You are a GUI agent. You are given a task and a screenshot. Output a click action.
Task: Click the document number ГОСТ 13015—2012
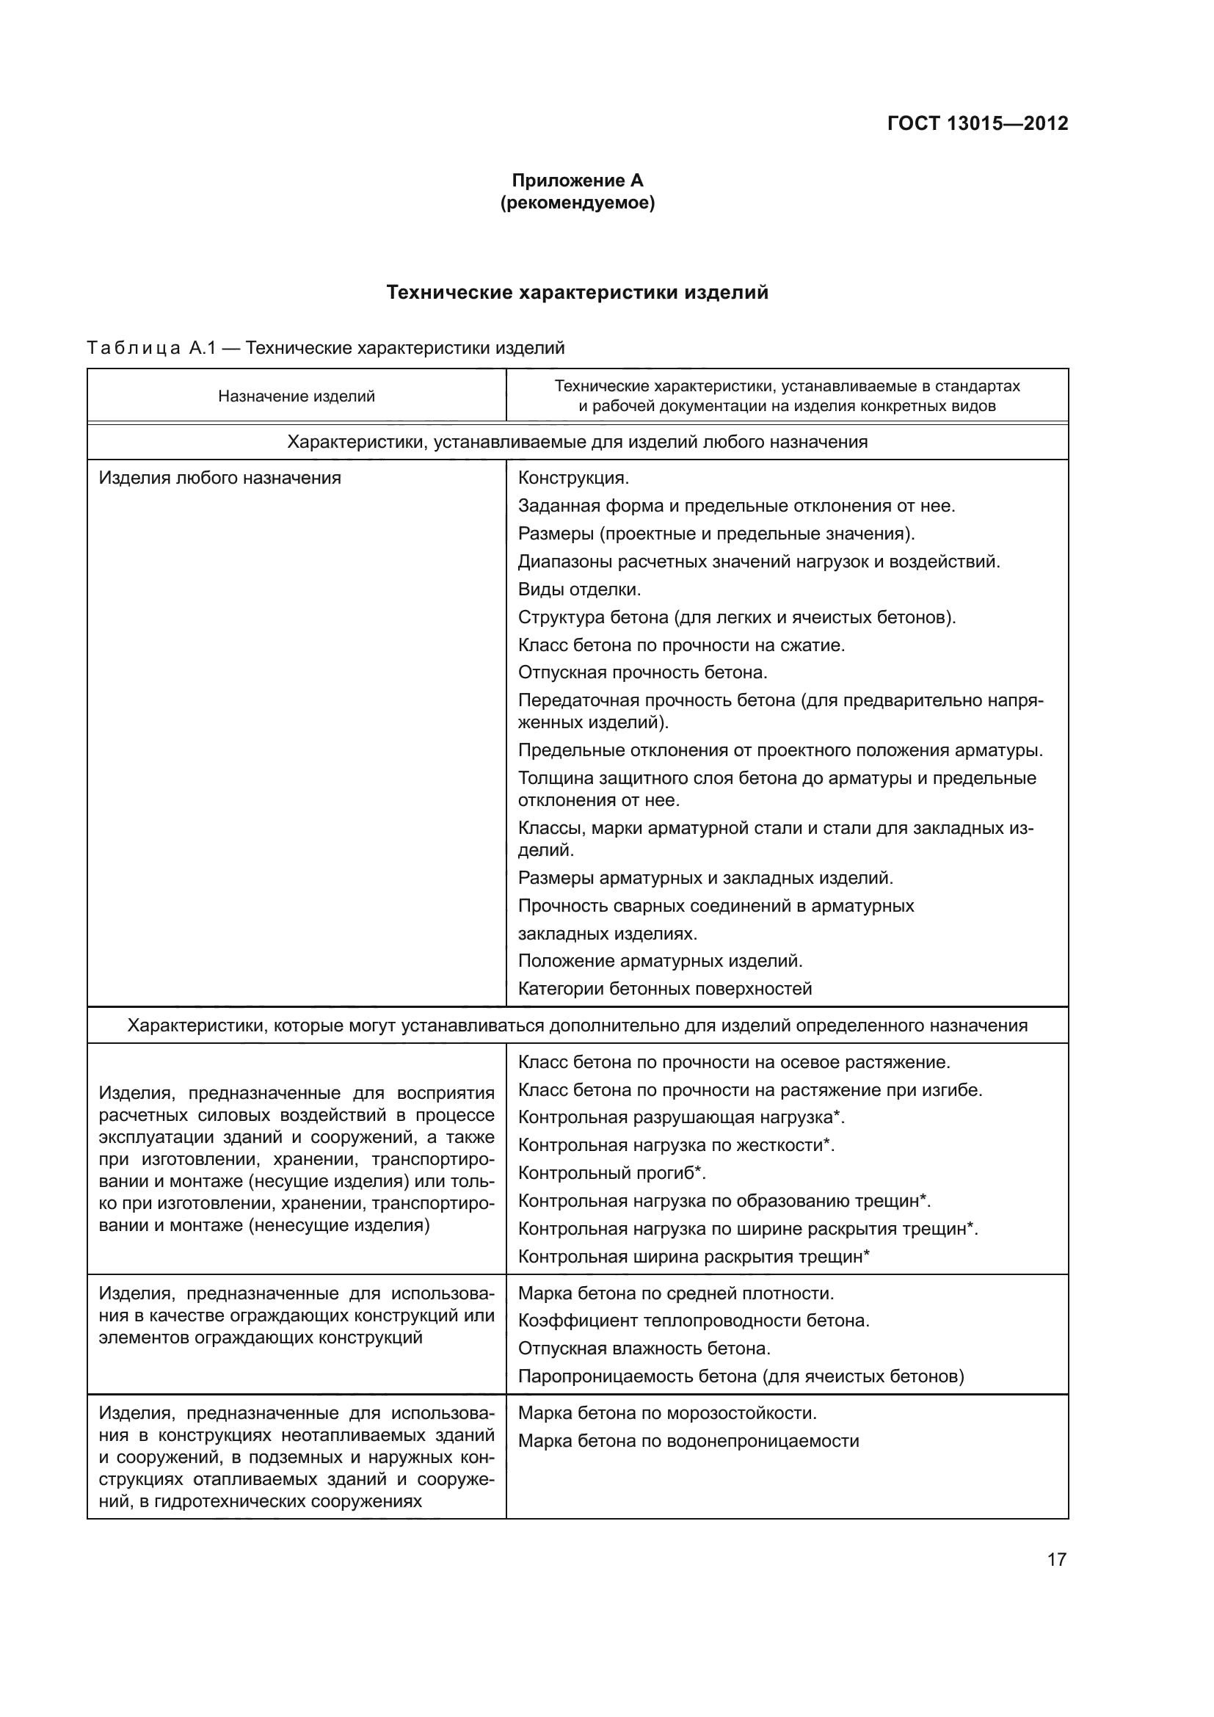(x=977, y=123)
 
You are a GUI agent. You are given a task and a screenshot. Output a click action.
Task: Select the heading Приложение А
(x=577, y=181)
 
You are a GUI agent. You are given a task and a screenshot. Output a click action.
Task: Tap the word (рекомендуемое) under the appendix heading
(x=577, y=203)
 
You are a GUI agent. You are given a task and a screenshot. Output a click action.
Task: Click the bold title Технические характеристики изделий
(x=577, y=292)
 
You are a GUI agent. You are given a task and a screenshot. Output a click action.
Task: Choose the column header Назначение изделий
(x=296, y=396)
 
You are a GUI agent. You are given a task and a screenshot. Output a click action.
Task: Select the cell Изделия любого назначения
(x=219, y=478)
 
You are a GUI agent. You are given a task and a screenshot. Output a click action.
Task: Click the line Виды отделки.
(x=579, y=589)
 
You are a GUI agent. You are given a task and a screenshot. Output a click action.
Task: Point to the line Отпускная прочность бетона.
(x=643, y=672)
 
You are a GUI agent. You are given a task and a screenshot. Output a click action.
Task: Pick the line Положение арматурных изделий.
(x=660, y=960)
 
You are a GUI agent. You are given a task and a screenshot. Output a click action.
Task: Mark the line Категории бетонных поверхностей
(x=664, y=989)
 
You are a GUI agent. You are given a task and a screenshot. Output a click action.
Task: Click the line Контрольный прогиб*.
(x=612, y=1173)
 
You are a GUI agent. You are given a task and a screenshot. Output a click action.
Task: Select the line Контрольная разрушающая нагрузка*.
(x=681, y=1117)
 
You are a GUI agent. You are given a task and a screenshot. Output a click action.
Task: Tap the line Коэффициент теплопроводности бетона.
(x=694, y=1321)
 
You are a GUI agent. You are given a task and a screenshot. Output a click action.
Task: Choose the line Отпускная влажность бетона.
(x=644, y=1348)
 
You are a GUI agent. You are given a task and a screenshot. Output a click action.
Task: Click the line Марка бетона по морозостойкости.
(x=666, y=1413)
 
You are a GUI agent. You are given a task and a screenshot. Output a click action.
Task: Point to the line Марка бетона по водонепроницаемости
(x=688, y=1441)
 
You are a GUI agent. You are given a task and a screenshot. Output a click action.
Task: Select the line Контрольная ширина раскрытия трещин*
(x=694, y=1256)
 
